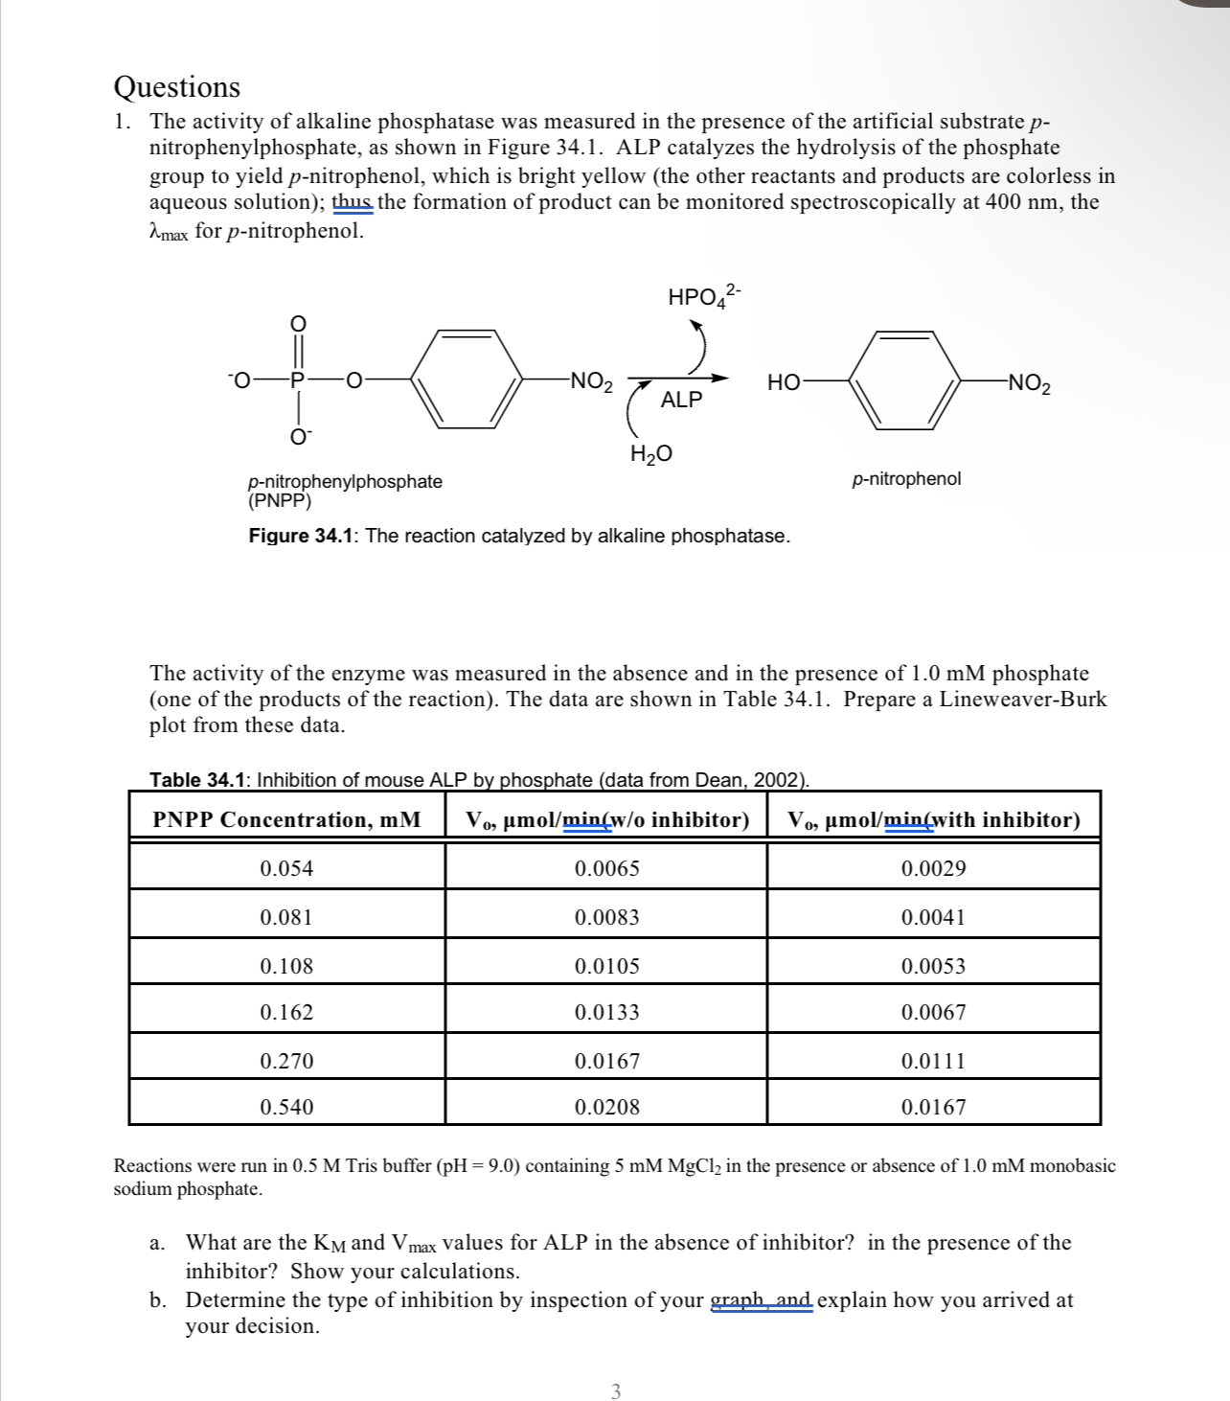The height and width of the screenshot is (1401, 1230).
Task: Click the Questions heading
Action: click(177, 87)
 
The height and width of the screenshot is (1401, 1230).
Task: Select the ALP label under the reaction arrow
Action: click(681, 400)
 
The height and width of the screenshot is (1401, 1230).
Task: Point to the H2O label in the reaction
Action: click(650, 453)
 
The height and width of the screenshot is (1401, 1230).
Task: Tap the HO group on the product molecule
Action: click(784, 382)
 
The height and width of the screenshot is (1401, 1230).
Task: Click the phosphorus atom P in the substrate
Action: click(297, 380)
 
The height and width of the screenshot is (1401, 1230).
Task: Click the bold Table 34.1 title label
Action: click(198, 780)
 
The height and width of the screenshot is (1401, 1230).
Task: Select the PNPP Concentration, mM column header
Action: click(286, 820)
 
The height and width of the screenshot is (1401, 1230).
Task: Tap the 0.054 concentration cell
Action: click(286, 869)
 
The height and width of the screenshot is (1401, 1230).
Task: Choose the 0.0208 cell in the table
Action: click(606, 1108)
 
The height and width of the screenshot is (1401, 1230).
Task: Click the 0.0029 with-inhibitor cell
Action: click(933, 869)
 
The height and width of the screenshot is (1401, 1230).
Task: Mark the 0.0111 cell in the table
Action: click(933, 1061)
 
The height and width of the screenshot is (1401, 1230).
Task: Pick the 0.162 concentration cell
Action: click(286, 1013)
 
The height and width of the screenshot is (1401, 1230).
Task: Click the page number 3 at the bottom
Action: click(615, 1390)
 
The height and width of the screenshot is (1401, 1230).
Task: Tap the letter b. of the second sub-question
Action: click(158, 1300)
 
